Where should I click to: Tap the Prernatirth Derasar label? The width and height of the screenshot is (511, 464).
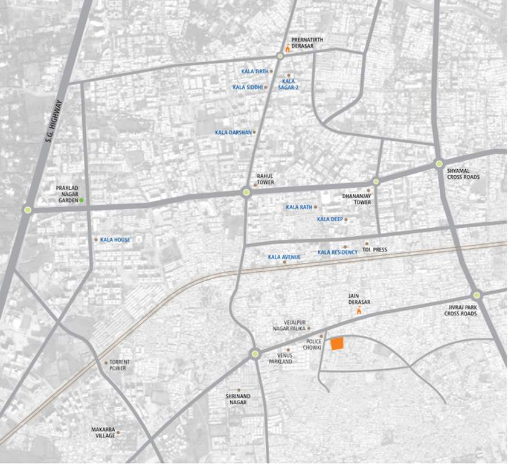pyautogui.click(x=307, y=43)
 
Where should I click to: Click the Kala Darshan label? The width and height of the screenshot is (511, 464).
pyautogui.click(x=233, y=132)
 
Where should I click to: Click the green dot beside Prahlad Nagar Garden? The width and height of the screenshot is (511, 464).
pyautogui.click(x=82, y=200)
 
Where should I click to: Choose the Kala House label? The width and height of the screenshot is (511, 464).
pyautogui.click(x=115, y=240)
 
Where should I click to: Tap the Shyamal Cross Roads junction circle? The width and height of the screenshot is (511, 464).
pyautogui.click(x=439, y=163)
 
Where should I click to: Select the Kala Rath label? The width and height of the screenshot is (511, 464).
pyautogui.click(x=299, y=207)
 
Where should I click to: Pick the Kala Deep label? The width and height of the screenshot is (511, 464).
pyautogui.click(x=329, y=219)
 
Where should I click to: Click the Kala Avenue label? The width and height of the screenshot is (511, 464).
pyautogui.click(x=284, y=257)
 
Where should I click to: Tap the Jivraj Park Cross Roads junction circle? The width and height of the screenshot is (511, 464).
pyautogui.click(x=477, y=295)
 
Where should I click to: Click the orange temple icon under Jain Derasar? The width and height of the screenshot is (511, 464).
pyautogui.click(x=359, y=311)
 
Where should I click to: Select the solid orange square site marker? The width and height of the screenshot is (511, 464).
pyautogui.click(x=337, y=344)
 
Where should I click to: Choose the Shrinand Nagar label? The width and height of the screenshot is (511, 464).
pyautogui.click(x=238, y=399)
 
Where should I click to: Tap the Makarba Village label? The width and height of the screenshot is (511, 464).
pyautogui.click(x=103, y=432)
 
